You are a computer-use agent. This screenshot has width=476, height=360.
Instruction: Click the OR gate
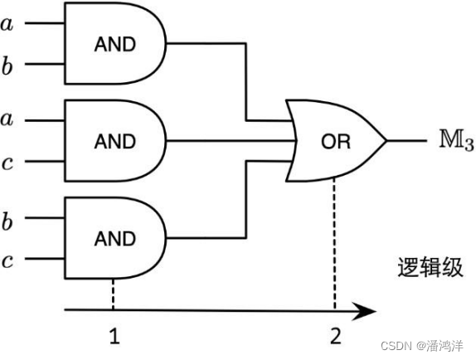coord(335,141)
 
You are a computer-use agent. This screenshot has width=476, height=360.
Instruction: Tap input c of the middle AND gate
coord(8,163)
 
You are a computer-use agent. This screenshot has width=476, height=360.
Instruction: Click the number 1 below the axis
coord(114,336)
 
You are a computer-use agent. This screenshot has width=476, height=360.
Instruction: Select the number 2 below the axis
coord(335,336)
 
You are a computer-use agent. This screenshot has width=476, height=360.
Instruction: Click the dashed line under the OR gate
coord(335,241)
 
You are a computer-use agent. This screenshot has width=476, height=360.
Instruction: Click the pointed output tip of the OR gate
coord(386,141)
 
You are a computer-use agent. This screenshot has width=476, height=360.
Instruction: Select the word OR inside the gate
coord(336,142)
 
